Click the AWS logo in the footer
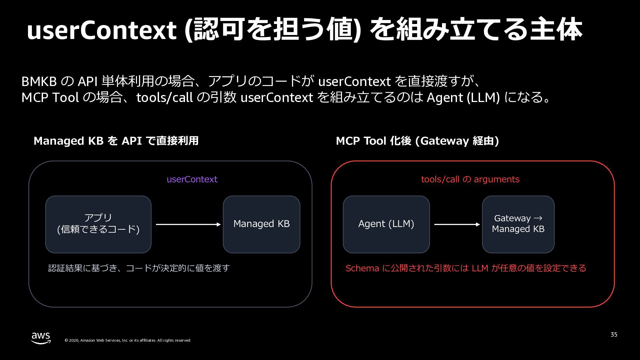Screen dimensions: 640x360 point(41,338)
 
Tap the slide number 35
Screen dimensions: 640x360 point(614,335)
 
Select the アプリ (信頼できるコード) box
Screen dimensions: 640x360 point(98,224)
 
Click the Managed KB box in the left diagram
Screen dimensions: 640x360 point(262,224)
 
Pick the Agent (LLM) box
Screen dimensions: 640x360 point(386,224)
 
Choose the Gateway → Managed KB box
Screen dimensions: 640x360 point(518,224)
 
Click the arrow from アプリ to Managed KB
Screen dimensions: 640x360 point(188,224)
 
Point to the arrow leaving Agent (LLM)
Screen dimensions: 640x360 point(457,224)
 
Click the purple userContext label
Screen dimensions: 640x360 point(192,179)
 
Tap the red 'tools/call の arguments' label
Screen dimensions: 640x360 point(470,179)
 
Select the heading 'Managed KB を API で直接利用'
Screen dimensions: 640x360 point(116,141)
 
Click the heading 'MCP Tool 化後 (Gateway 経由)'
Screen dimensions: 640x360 point(417,141)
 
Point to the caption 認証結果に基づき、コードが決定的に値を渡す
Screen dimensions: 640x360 point(139,268)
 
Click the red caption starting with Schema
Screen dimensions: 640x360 point(466,268)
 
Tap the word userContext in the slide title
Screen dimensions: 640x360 point(101,31)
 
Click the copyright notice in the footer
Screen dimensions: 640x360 point(128,340)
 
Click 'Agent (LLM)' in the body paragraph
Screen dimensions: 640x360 point(463,98)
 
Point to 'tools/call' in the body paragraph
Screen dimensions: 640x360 point(165,98)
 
